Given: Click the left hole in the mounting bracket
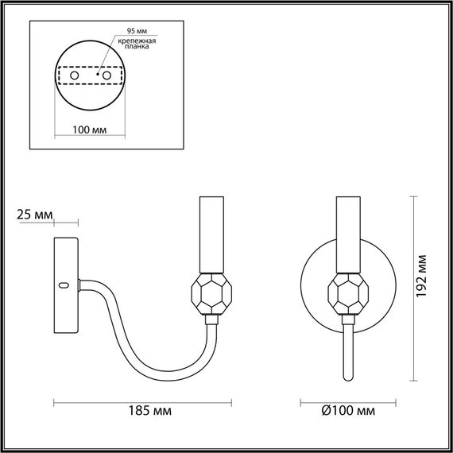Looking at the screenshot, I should coord(75,75).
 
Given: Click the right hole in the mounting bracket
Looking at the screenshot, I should coord(106,75).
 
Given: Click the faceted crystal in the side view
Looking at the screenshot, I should coord(211,294).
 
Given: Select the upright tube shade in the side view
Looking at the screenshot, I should coord(211,236).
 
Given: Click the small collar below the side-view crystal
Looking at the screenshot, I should coord(211,319).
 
